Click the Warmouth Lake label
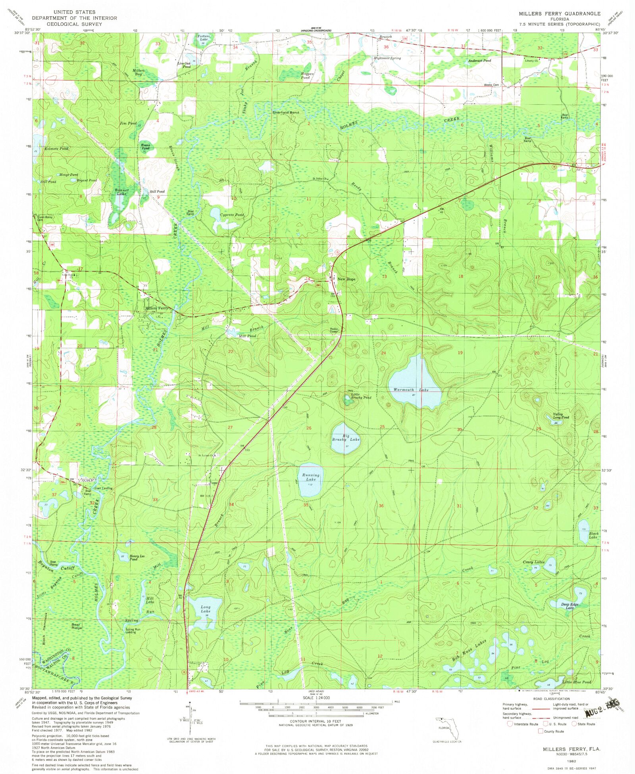point(411,390)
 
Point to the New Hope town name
point(346,279)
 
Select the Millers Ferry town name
point(156,308)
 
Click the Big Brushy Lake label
point(346,437)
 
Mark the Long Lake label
point(205,609)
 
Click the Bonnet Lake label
point(121,192)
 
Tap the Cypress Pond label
point(232,215)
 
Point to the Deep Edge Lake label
point(570,606)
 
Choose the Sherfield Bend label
point(286,113)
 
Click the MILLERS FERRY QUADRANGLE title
point(560,13)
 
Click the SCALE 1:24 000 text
point(316,698)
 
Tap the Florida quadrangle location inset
point(447,728)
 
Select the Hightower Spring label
point(387,58)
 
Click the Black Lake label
point(593,535)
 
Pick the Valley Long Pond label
point(561,416)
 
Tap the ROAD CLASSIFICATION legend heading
point(551,699)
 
